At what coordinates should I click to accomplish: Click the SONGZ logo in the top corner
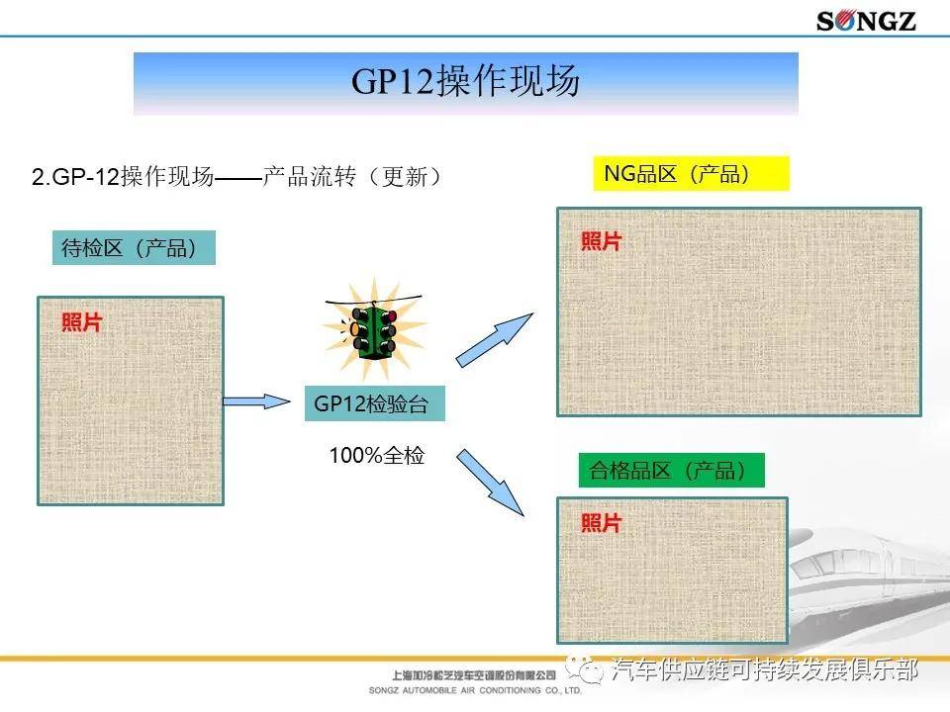coord(866,20)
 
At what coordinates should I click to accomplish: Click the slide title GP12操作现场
coord(465,83)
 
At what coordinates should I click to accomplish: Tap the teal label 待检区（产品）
coord(133,247)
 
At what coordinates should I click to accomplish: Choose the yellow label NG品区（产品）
coord(690,174)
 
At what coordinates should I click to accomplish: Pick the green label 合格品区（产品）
coord(671,471)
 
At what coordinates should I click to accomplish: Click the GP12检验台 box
coord(374,403)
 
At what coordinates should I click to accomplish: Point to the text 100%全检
coord(376,456)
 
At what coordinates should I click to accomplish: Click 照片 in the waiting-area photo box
coord(81,322)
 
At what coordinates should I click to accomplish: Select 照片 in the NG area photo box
coord(601,241)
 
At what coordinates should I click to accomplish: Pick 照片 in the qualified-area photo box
coord(601,523)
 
